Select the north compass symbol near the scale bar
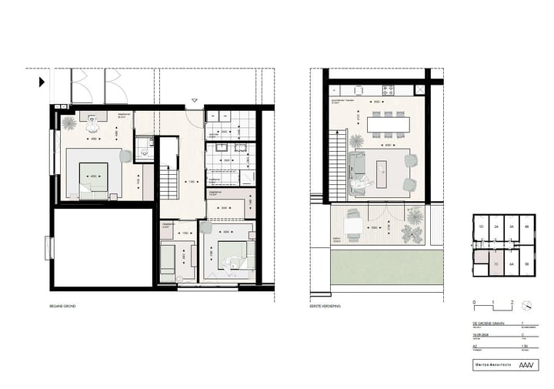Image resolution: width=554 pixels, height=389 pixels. point(526,304)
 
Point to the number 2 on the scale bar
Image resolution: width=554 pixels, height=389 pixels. point(511,302)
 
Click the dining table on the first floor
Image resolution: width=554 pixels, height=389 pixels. point(389,124)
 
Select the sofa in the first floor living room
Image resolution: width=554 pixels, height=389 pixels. point(356,171)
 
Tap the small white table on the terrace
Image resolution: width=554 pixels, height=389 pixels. point(353,225)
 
